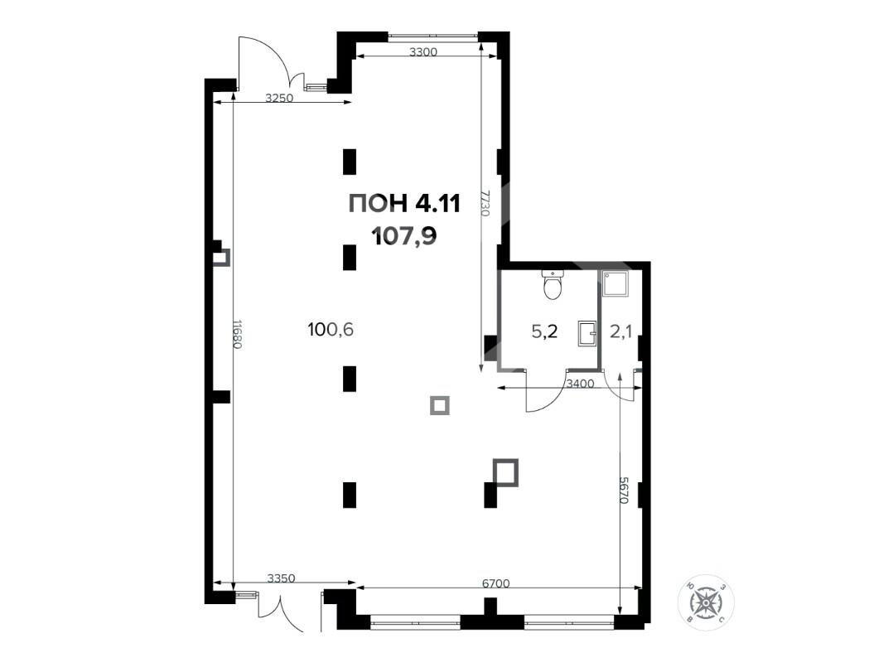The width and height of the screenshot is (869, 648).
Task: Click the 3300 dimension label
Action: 423,53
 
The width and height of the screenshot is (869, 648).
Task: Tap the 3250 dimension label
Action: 279,99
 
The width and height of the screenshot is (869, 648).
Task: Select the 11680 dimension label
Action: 237,334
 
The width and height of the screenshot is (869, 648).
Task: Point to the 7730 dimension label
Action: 485,203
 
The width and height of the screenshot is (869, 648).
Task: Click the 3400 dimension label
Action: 580,384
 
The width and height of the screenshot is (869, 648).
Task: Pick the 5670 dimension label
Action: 625,490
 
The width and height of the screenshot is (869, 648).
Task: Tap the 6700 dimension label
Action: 495,583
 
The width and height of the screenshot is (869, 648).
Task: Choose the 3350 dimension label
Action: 281,578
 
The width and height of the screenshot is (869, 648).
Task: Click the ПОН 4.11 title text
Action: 404,204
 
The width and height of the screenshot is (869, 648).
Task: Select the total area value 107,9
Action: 404,237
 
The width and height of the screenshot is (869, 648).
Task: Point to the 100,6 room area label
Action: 331,330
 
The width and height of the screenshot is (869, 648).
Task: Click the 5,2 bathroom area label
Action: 544,331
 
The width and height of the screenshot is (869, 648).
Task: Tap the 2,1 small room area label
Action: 620,331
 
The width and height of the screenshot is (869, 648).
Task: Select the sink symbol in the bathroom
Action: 587,333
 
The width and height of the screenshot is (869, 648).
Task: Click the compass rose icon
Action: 706,602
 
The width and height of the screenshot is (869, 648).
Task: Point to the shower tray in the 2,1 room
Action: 615,284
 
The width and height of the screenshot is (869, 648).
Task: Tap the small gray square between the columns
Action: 440,406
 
